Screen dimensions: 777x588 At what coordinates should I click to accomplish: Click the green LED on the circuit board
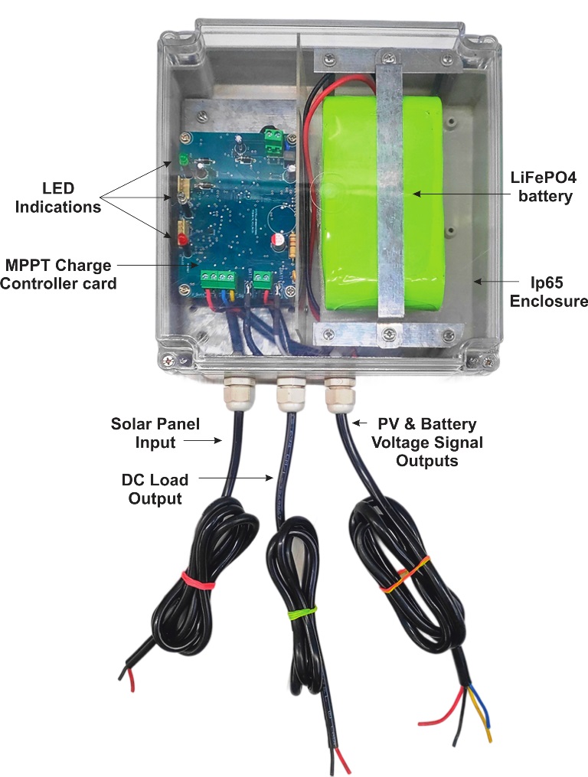pos(184,161)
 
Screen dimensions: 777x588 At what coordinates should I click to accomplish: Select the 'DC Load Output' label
pos(155,489)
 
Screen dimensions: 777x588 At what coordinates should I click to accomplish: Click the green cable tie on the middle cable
pos(301,611)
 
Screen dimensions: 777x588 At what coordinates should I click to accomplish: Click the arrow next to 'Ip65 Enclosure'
pos(485,282)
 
